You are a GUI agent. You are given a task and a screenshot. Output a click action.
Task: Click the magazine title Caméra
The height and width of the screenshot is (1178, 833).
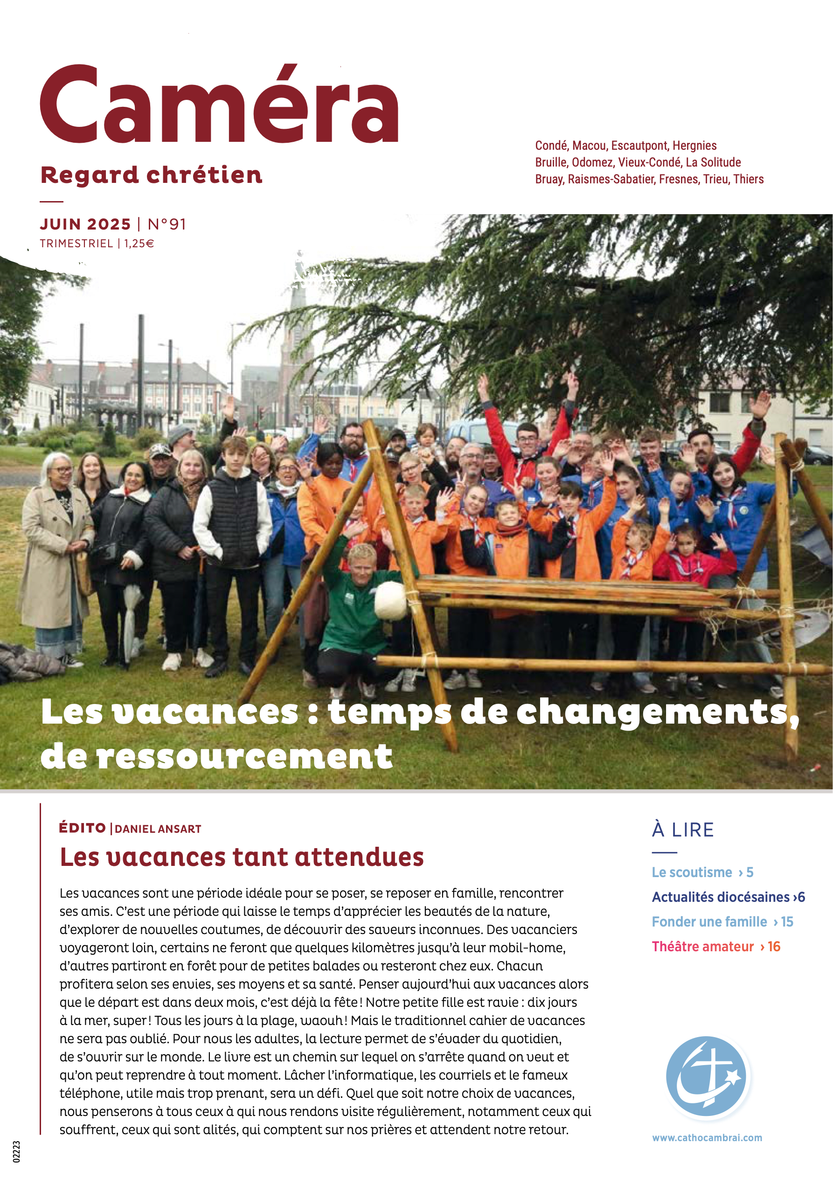(x=220, y=105)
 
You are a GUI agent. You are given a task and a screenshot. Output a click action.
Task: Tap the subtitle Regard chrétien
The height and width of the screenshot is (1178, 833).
(x=151, y=175)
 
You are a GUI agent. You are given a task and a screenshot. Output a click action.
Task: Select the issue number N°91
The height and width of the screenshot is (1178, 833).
(x=167, y=224)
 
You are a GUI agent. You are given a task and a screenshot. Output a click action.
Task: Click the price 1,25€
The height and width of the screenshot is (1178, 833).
(x=139, y=243)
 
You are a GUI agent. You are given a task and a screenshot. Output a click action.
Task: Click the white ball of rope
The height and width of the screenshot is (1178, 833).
(x=390, y=599)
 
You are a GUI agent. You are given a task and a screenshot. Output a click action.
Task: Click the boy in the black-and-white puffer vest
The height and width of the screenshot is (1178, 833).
(x=233, y=529)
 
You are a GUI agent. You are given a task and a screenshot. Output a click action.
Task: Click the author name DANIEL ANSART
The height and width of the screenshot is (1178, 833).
(x=158, y=829)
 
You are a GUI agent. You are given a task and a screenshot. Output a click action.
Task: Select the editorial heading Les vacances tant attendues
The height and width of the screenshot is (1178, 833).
(x=242, y=857)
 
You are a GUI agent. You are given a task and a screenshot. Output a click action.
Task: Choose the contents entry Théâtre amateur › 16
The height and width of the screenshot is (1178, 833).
(x=715, y=947)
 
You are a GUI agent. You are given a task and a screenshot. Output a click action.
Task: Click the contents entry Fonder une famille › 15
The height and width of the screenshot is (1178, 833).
(x=722, y=922)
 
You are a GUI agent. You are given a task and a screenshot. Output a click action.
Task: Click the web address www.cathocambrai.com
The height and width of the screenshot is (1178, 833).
(x=707, y=1137)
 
